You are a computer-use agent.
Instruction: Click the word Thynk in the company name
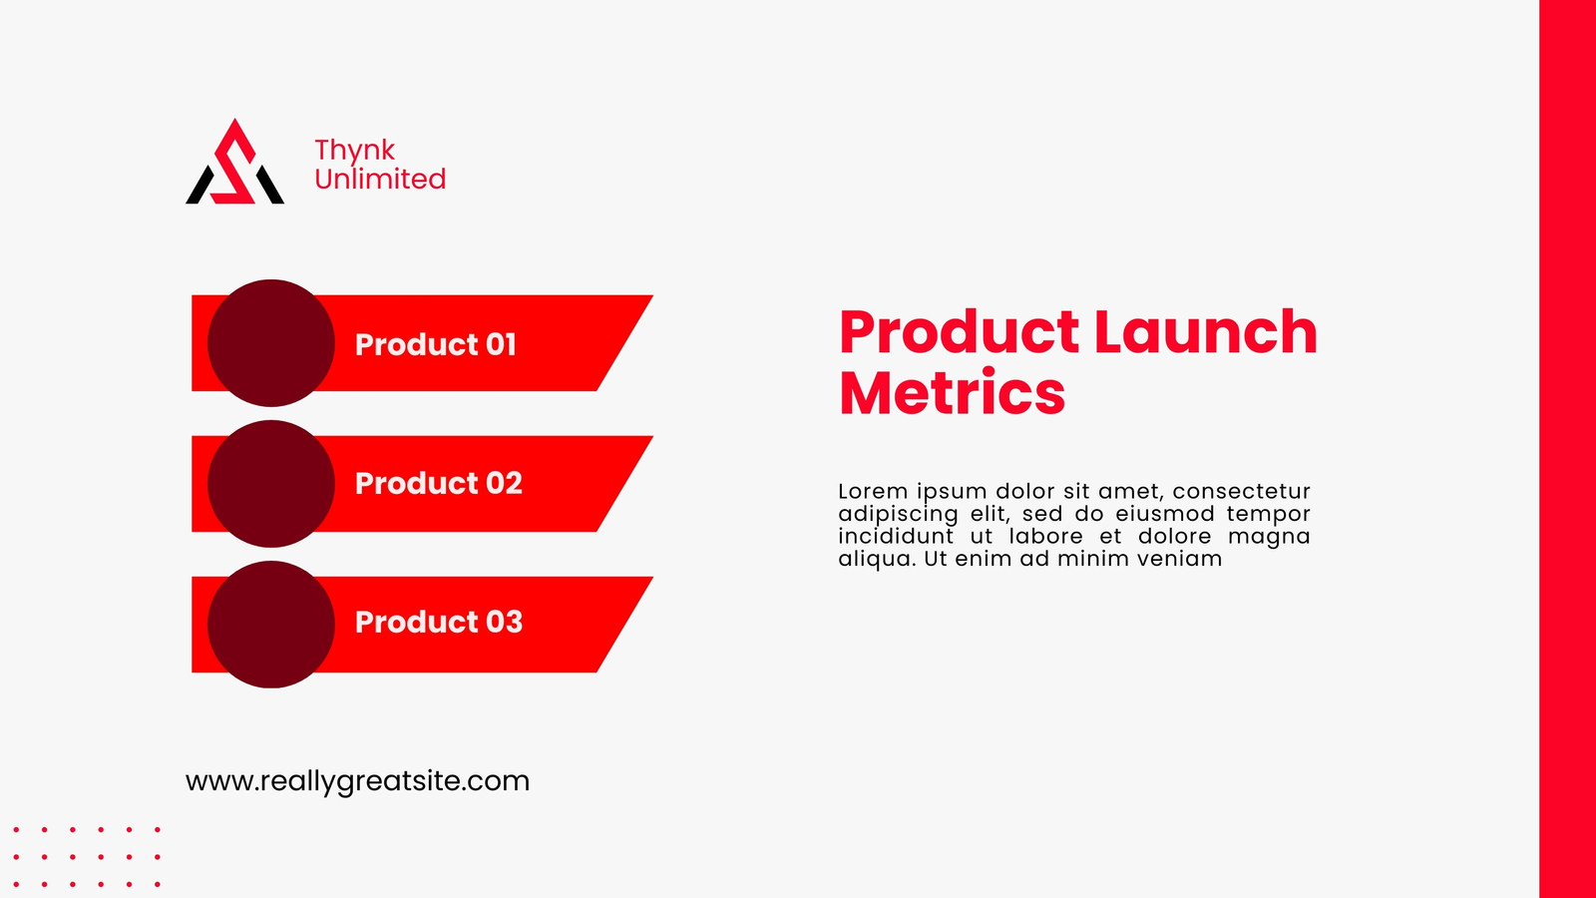coord(354,151)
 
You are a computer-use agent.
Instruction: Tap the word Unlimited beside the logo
coord(380,179)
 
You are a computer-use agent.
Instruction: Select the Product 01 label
coord(435,344)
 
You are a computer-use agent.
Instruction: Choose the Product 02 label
coord(439,483)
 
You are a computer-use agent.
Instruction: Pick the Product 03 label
coord(439,623)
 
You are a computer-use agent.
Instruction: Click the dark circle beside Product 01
coord(270,343)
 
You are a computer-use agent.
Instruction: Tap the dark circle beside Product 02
coord(270,483)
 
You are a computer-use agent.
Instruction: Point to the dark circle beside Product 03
coord(270,625)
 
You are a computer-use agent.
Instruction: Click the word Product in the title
coord(959,332)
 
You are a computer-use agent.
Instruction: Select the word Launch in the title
coord(1206,331)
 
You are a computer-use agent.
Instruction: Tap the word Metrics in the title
coord(952,392)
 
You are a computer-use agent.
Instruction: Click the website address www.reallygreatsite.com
coord(358,782)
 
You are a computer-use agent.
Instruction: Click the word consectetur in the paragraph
coord(1241,491)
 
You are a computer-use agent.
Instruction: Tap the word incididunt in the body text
coord(896,536)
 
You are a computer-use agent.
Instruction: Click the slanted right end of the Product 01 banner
coord(624,343)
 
